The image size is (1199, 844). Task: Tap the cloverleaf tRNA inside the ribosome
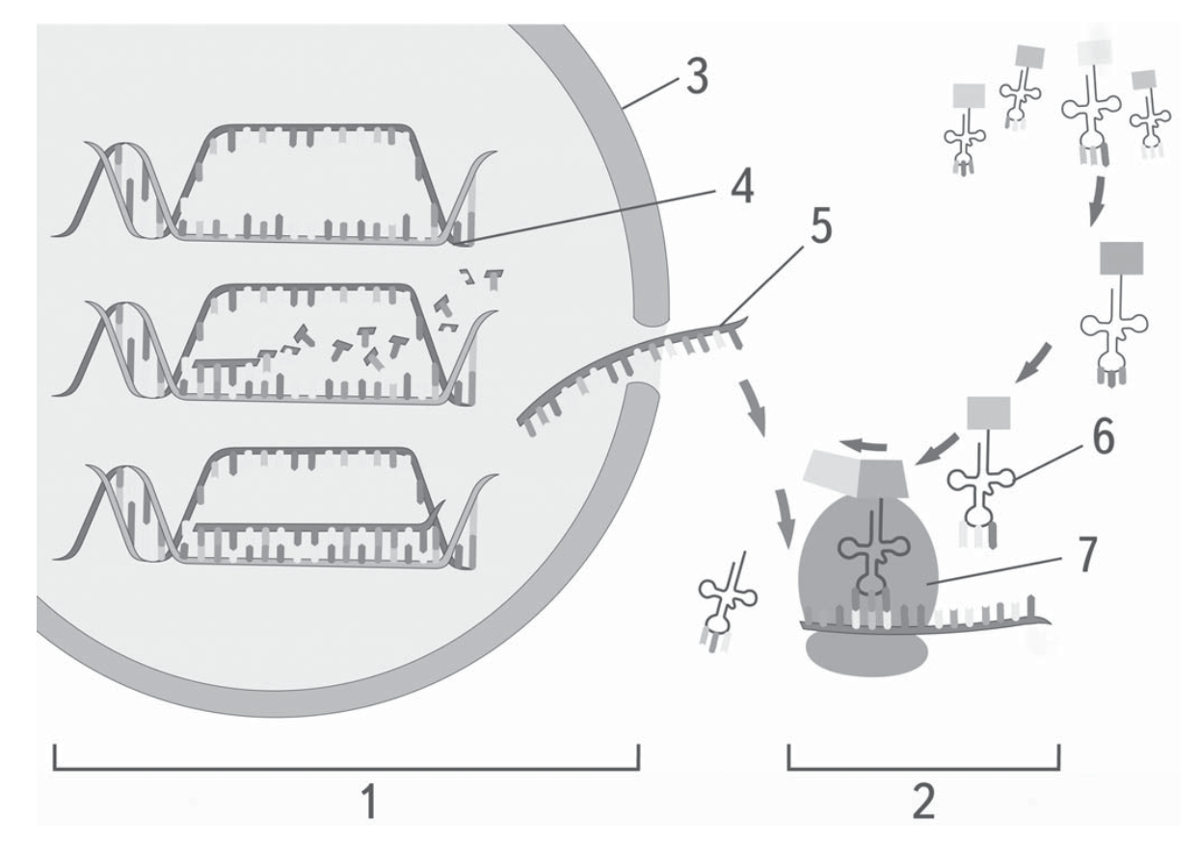[874, 557]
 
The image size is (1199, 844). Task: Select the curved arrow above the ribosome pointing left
[863, 445]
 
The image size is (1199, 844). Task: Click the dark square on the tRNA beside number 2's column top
[1121, 258]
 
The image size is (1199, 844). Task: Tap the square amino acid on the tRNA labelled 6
[989, 412]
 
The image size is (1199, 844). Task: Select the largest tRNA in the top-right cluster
[1092, 104]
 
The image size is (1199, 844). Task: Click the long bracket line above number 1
[346, 769]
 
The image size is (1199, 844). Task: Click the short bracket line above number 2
[924, 769]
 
